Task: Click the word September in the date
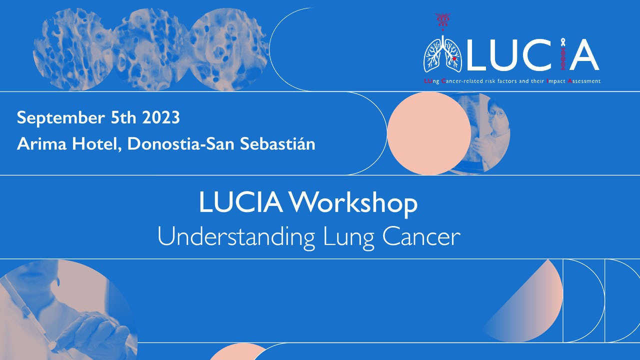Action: coord(60,117)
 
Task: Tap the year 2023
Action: coord(161,117)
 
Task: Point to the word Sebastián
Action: coord(277,143)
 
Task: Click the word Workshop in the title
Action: coord(353,203)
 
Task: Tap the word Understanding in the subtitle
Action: coord(236,236)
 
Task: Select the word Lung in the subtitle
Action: coord(348,236)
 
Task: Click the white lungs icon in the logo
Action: coord(442,54)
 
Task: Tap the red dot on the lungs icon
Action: coord(454,59)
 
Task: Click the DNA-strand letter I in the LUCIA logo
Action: coord(563,54)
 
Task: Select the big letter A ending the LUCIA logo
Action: coord(584,55)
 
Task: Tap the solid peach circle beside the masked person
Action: coord(429,133)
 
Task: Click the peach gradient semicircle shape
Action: coord(528,305)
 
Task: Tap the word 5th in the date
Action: coord(123,117)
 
